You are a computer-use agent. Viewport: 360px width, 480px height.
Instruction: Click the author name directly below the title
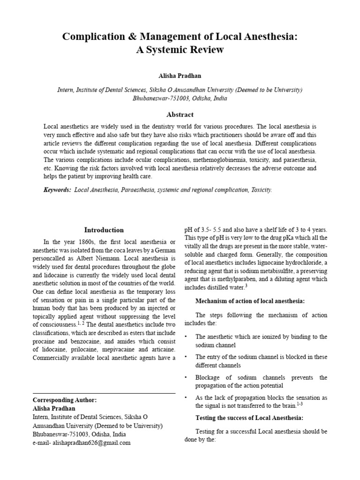coord(180,75)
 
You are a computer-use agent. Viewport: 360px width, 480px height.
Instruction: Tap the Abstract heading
coord(180,114)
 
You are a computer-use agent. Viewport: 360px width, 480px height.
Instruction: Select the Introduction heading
coord(104,230)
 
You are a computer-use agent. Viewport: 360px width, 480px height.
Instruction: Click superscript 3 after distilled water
coord(246,285)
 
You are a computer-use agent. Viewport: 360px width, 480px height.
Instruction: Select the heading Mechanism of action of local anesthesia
coord(250,300)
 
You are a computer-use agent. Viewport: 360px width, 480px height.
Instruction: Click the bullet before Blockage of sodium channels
coord(187,377)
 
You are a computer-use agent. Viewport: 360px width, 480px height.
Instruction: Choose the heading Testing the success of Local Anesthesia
coord(249,418)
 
